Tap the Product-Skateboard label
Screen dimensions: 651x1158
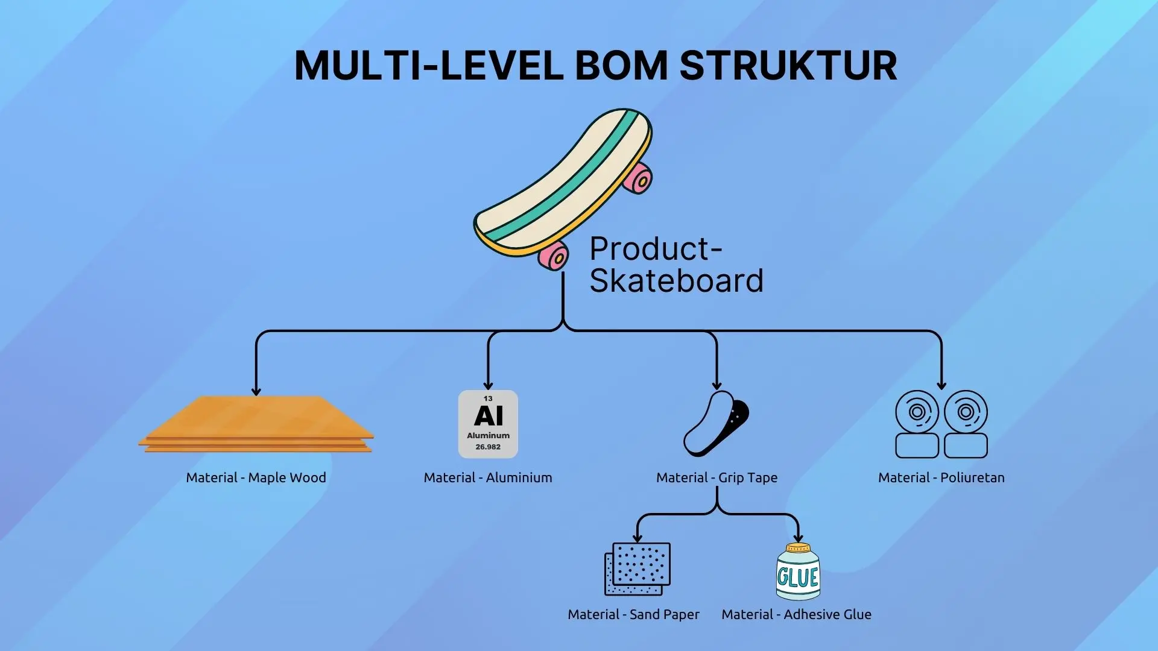675,265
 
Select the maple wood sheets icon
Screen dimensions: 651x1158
256,424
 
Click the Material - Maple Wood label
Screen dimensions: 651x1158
256,477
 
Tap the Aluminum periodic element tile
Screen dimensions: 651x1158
488,424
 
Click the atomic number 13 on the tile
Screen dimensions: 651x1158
488,398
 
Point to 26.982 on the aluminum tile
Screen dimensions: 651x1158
488,447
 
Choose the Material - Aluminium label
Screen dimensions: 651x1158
487,477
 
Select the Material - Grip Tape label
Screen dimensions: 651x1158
717,477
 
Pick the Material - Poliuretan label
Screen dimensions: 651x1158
941,477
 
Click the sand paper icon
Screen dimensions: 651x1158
638,568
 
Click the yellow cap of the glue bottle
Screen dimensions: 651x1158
797,547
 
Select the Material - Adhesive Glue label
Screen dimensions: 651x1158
796,614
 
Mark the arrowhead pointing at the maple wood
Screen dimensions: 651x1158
256,391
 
